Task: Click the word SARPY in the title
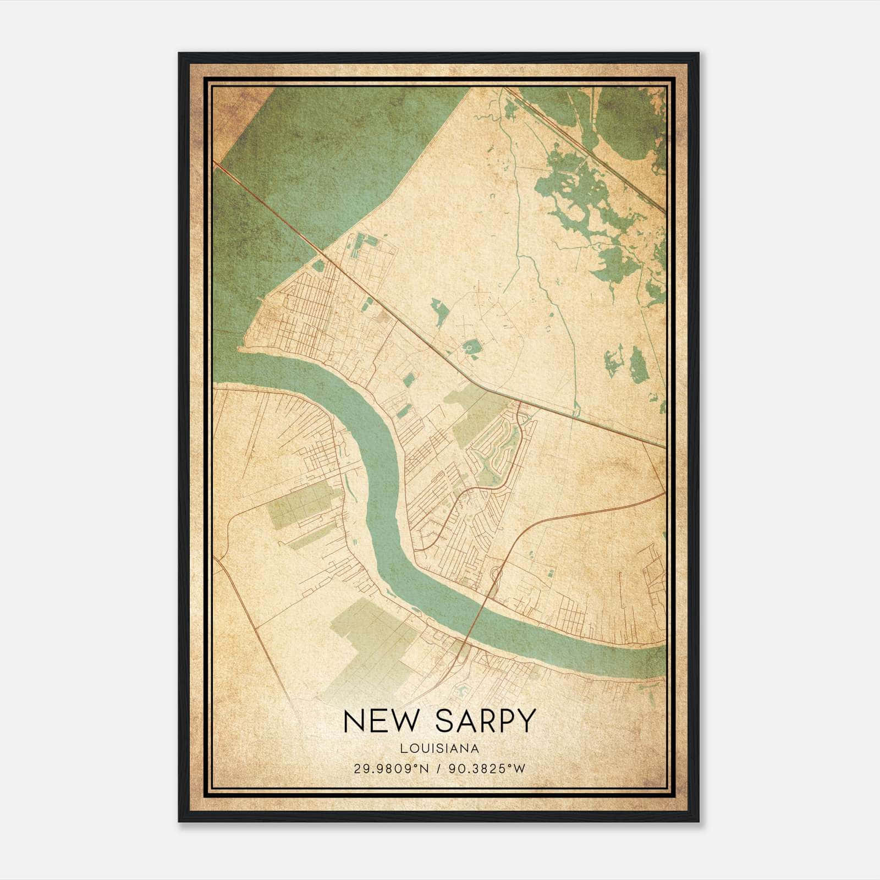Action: pyautogui.click(x=485, y=721)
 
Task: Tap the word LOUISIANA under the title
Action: pyautogui.click(x=439, y=749)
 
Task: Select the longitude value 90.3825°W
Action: pyautogui.click(x=487, y=769)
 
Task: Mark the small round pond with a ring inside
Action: pyautogui.click(x=471, y=347)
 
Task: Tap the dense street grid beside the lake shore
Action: pyautogui.click(x=297, y=313)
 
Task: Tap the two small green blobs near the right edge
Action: pyautogui.click(x=627, y=363)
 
